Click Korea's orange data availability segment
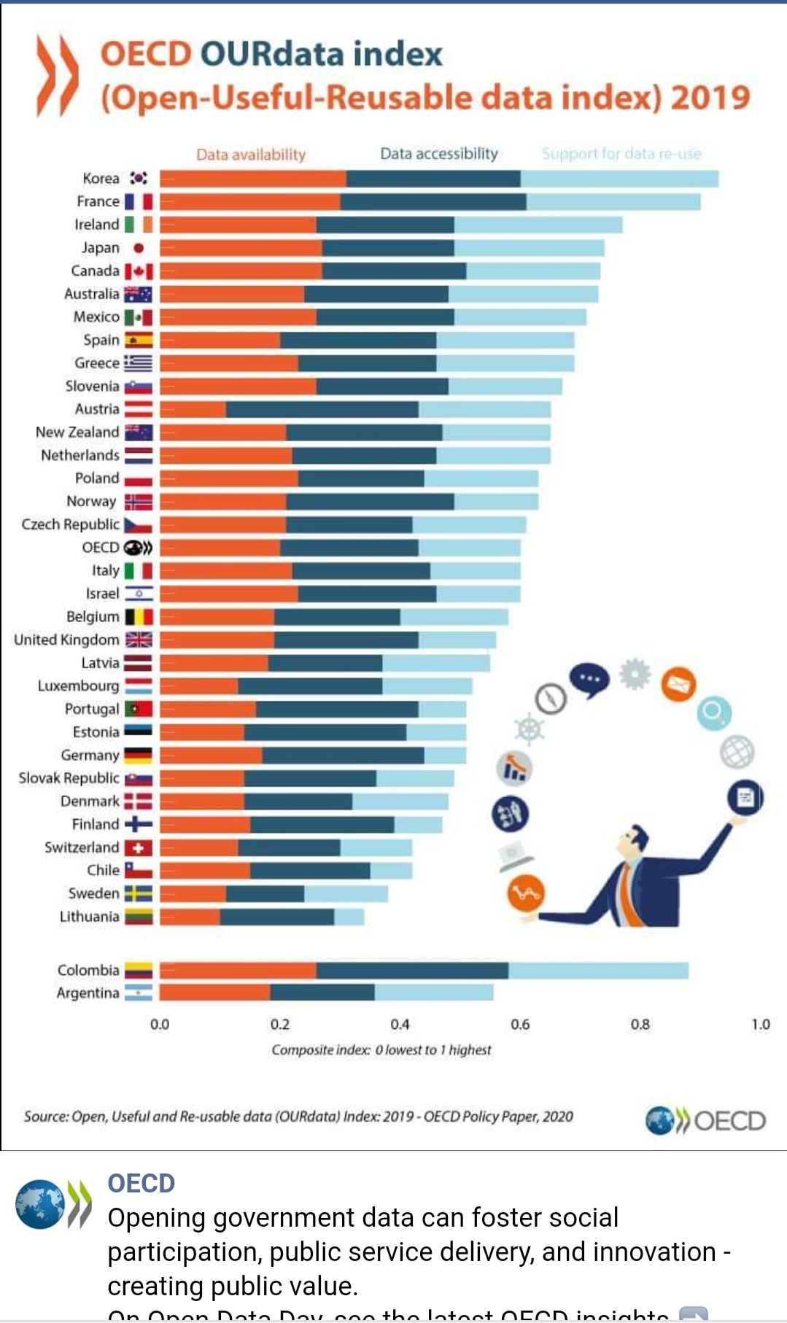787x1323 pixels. pos(252,179)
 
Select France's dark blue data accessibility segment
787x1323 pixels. pos(433,201)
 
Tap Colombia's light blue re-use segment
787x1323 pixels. pos(598,971)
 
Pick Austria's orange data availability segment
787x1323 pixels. pos(193,409)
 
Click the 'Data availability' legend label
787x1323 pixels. pos(251,155)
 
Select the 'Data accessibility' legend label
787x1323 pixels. pos(439,154)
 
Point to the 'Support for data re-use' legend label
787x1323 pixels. pos(621,154)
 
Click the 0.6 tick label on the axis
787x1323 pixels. pos(520,1025)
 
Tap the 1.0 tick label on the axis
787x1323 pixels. pos(761,1025)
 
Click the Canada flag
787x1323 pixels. pos(139,271)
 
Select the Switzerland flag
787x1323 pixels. pos(139,847)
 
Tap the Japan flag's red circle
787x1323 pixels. pos(139,248)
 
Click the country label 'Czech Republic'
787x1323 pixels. pos(70,524)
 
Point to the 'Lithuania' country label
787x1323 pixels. pos(89,917)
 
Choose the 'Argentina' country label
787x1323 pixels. pos(88,993)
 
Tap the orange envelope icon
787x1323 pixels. pos(678,684)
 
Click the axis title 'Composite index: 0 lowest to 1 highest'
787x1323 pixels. pos(381,1050)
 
